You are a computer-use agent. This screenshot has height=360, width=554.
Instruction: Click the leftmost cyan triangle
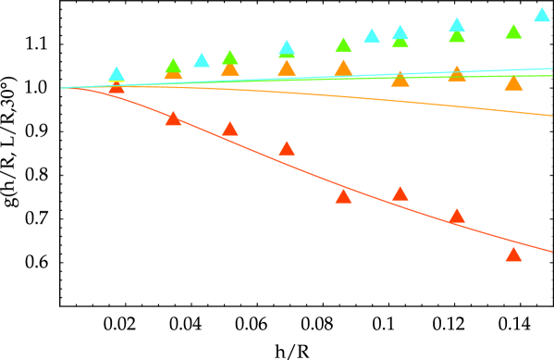[117, 74]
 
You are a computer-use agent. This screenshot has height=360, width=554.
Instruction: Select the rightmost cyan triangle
[542, 15]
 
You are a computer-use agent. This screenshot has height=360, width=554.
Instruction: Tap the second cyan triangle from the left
[202, 60]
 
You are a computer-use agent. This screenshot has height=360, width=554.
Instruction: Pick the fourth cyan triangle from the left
[372, 36]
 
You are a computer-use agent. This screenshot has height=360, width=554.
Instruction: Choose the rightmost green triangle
[513, 31]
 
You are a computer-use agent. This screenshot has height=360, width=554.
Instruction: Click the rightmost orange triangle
[513, 84]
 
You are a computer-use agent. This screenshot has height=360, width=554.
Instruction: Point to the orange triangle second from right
[457, 74]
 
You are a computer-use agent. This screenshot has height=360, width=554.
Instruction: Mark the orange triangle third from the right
[400, 79]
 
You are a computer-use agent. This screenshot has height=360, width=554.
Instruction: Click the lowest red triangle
[513, 254]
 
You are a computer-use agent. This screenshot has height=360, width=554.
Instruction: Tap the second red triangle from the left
[173, 118]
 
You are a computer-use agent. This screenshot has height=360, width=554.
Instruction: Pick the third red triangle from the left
[229, 130]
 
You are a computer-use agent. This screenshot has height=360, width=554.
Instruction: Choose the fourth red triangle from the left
[287, 149]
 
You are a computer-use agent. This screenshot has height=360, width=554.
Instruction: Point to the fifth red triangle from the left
[343, 196]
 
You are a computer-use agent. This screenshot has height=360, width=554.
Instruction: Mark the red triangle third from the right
[400, 193]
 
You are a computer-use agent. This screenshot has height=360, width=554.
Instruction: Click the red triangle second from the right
[457, 217]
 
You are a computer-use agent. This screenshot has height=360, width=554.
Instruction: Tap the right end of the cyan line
[552, 68]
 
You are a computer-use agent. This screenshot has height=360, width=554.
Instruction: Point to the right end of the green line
[552, 76]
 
